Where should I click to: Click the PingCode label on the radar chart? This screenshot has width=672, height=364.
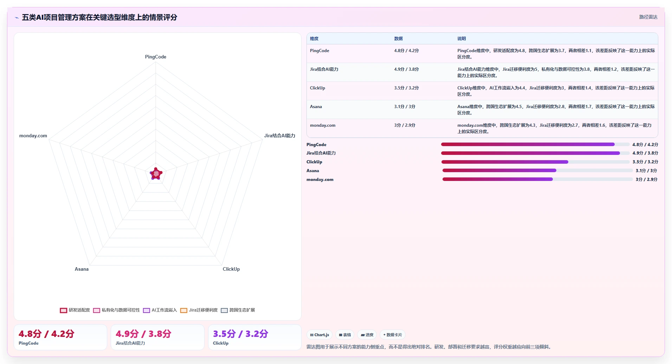point(156,57)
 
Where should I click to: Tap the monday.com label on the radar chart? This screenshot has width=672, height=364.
point(33,136)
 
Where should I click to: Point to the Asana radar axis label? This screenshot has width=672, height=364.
point(82,269)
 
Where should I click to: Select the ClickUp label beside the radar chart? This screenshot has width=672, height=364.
point(231,269)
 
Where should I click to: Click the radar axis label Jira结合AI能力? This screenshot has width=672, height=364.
point(280,136)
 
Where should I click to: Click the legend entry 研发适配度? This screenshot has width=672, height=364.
point(75,310)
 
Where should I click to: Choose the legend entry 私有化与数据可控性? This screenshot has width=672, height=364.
point(116,310)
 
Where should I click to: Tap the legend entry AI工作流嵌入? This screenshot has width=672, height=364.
point(160,310)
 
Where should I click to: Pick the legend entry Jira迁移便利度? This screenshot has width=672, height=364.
point(199,310)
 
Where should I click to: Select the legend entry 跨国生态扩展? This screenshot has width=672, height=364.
point(238,310)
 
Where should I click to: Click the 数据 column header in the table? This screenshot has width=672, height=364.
point(398,39)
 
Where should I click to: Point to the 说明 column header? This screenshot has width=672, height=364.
point(461,39)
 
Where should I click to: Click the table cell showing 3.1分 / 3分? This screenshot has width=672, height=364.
point(405,107)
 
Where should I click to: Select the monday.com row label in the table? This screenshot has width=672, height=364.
point(323,125)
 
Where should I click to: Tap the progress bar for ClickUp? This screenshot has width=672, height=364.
point(535,162)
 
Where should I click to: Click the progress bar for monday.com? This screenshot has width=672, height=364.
point(537,179)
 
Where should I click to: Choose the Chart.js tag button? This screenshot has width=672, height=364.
point(319,335)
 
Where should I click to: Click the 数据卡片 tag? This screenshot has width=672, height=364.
point(392,335)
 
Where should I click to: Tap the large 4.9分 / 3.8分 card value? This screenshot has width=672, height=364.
point(143,334)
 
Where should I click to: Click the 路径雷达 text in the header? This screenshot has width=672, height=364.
point(648,17)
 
